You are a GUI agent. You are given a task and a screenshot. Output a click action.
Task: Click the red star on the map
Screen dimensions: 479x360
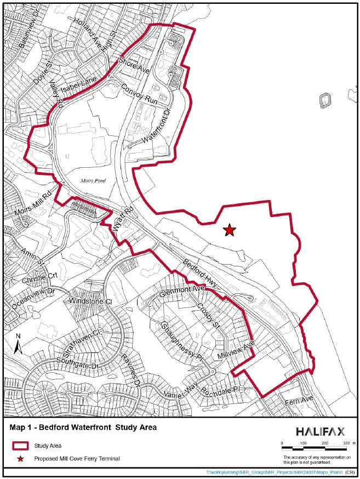[230, 230]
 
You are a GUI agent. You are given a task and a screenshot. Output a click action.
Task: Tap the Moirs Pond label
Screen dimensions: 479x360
[88, 180]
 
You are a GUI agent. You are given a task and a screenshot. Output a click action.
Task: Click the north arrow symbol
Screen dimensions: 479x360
[18, 344]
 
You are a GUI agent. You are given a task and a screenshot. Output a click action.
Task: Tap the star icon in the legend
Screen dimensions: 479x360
[20, 458]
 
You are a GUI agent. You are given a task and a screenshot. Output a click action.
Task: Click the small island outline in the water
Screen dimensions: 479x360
[325, 100]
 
